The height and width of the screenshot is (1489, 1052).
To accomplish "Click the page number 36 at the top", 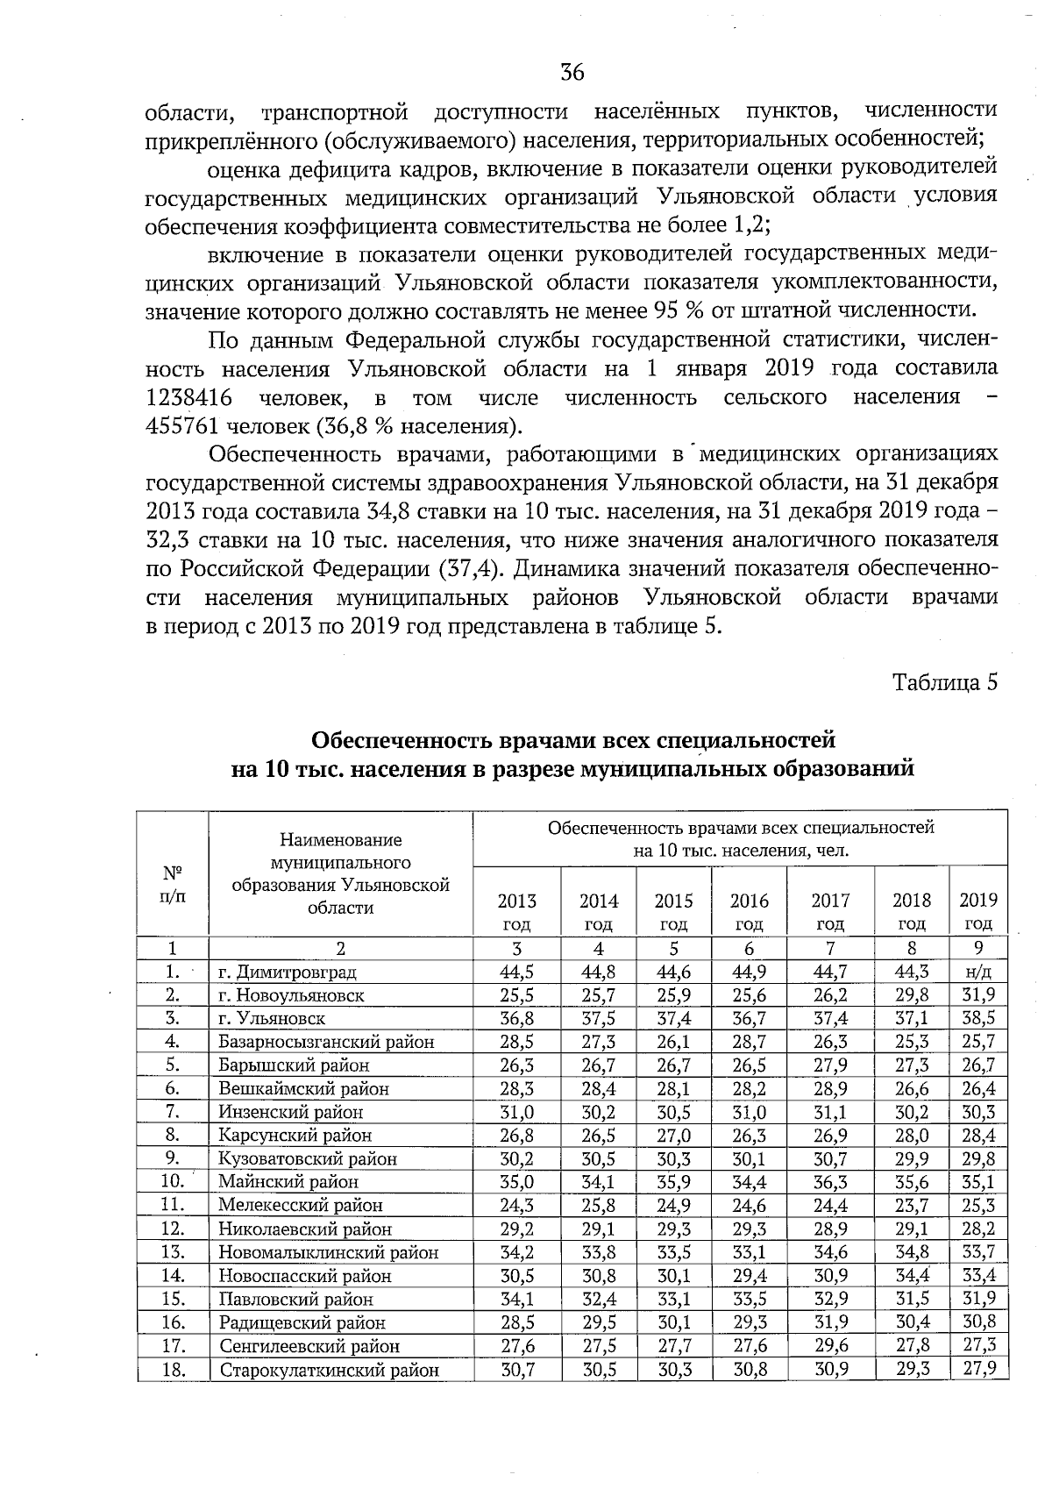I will click(x=572, y=73).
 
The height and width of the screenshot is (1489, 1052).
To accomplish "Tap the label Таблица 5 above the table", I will click(x=945, y=682).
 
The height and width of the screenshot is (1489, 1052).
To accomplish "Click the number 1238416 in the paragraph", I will click(x=188, y=397).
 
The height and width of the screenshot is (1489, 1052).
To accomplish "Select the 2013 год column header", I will click(x=517, y=911).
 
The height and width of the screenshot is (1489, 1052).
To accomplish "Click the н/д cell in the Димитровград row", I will click(x=978, y=972).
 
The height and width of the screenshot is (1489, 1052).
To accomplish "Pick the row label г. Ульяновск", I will click(x=272, y=1019).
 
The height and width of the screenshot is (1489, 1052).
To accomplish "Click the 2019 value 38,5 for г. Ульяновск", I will click(x=978, y=1018).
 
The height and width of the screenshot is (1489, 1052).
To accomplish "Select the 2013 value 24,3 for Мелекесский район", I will click(x=517, y=1205).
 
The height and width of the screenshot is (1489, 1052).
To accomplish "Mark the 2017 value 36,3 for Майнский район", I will click(x=830, y=1182).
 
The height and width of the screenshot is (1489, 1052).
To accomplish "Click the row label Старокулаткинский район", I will click(x=329, y=1371).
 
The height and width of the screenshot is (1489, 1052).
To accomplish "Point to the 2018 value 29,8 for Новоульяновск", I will click(x=912, y=995).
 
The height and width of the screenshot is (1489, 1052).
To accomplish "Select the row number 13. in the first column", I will click(x=173, y=1252).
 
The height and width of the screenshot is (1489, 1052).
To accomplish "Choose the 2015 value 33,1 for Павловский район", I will click(x=673, y=1299).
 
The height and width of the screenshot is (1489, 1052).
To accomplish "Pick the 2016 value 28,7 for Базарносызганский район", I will click(x=750, y=1042).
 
